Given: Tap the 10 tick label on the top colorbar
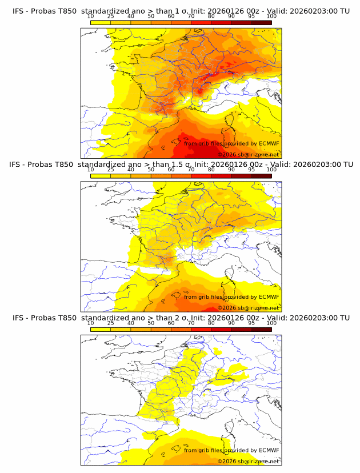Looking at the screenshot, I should pyautogui.click(x=90, y=16).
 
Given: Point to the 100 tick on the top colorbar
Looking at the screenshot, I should pyautogui.click(x=271, y=16).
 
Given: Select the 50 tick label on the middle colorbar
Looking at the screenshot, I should pyautogui.click(x=151, y=170).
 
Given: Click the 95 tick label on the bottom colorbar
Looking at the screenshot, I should pyautogui.click(x=251, y=323).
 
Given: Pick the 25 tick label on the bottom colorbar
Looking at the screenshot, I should pyautogui.click(x=110, y=323).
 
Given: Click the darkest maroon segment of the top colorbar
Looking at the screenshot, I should pyautogui.click(x=261, y=22).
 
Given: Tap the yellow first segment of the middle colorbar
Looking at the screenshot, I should pyautogui.click(x=100, y=176).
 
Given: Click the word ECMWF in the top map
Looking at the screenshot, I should pyautogui.click(x=269, y=143).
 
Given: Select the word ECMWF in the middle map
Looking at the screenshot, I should pyautogui.click(x=269, y=296).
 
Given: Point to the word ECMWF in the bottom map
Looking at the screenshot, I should pyautogui.click(x=269, y=450).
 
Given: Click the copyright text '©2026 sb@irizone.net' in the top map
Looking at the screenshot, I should pyautogui.click(x=248, y=154).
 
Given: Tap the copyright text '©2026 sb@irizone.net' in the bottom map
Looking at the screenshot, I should pyautogui.click(x=248, y=461).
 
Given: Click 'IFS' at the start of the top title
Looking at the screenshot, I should pyautogui.click(x=18, y=11).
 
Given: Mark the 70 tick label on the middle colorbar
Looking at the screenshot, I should pyautogui.click(x=191, y=170).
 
